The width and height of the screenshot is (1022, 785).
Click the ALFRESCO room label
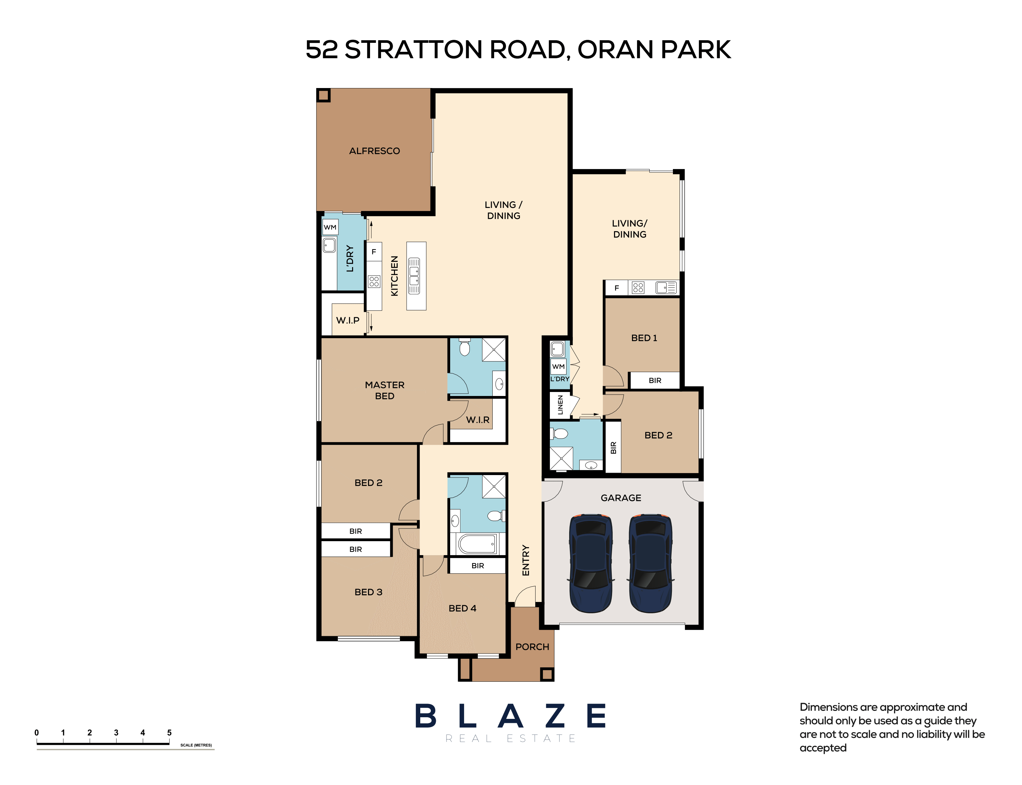tap(374, 151)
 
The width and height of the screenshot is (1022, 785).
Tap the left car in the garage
tap(590, 563)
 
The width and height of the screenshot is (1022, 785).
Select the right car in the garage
tap(650, 563)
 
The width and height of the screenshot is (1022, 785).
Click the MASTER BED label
tap(384, 390)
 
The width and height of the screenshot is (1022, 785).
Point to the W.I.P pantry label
tap(347, 321)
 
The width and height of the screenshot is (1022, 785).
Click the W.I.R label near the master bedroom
tap(477, 420)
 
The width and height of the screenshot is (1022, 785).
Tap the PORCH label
tap(532, 647)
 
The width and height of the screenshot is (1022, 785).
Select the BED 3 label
tap(368, 592)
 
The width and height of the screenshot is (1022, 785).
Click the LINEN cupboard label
tap(560, 405)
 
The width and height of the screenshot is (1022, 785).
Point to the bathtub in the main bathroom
tap(477, 543)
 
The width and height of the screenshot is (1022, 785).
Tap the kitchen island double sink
tap(414, 276)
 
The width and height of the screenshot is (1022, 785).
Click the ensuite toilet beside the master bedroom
tap(464, 347)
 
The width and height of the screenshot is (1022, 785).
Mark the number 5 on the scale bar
tap(169, 733)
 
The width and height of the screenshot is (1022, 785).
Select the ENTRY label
tap(526, 560)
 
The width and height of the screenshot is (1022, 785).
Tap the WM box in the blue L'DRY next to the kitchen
tap(330, 228)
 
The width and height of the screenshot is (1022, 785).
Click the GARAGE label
tap(620, 498)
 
